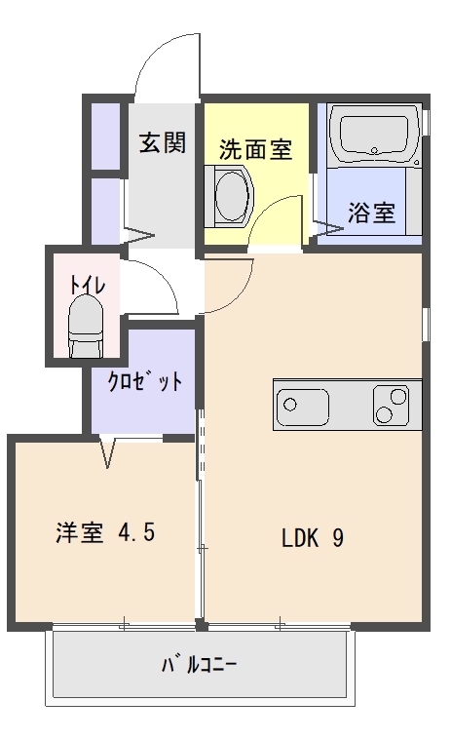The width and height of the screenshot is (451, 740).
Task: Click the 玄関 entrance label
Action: click(x=162, y=144)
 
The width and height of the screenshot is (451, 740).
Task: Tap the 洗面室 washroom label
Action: click(x=254, y=150)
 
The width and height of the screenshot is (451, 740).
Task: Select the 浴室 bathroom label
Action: click(x=372, y=212)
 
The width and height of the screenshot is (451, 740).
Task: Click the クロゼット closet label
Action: click(x=144, y=381)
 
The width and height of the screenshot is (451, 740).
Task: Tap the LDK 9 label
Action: click(x=312, y=537)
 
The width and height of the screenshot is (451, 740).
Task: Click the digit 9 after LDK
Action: click(x=337, y=537)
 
